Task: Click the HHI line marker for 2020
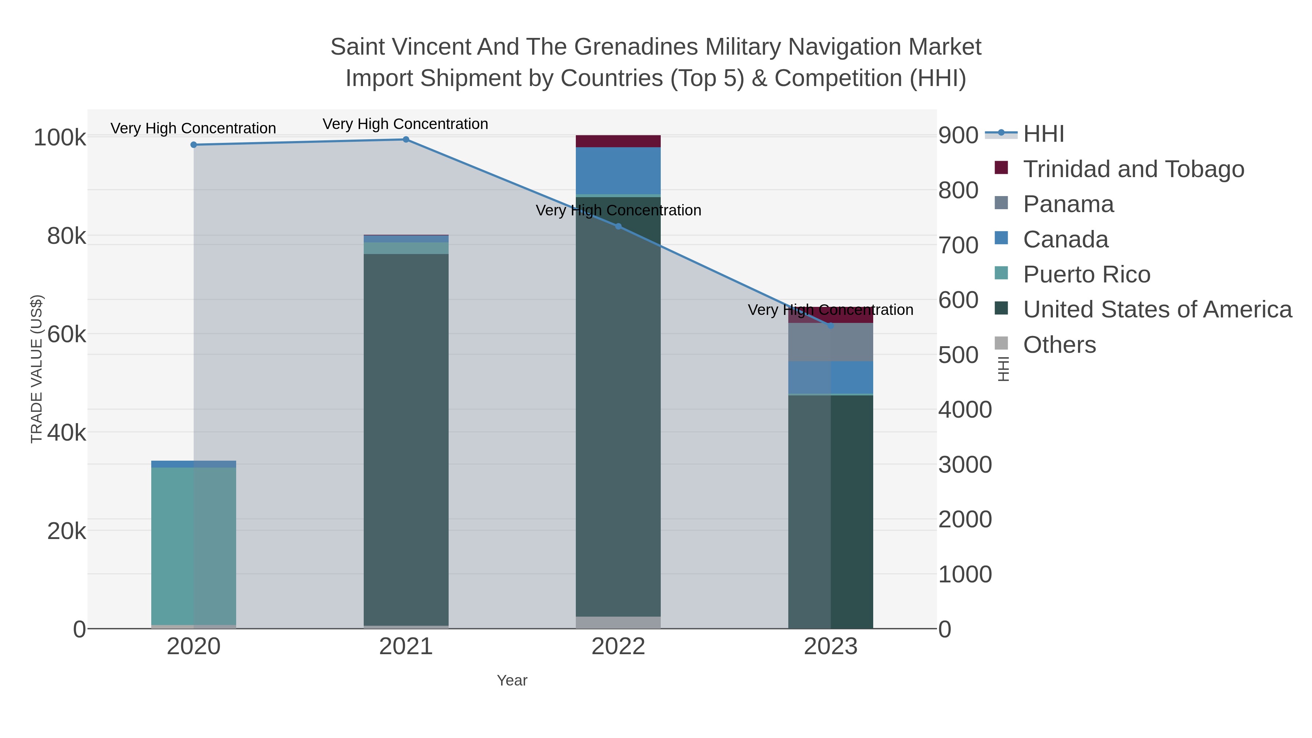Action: point(194,145)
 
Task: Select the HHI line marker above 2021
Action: point(406,140)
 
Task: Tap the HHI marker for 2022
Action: point(618,226)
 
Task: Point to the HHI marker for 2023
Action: point(831,325)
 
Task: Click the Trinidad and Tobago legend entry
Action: point(1133,169)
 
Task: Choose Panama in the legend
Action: point(1068,204)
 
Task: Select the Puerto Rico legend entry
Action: point(1086,274)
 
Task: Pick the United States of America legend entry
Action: point(1157,310)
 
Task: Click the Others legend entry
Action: point(1059,345)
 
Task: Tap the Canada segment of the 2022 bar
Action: point(618,171)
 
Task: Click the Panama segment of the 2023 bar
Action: point(831,342)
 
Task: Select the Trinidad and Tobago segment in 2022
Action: point(618,141)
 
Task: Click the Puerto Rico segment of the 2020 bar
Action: point(194,545)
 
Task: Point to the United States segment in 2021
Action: point(406,438)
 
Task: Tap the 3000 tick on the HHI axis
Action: point(965,465)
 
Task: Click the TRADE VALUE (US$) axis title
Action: point(37,369)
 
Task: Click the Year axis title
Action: point(512,680)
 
